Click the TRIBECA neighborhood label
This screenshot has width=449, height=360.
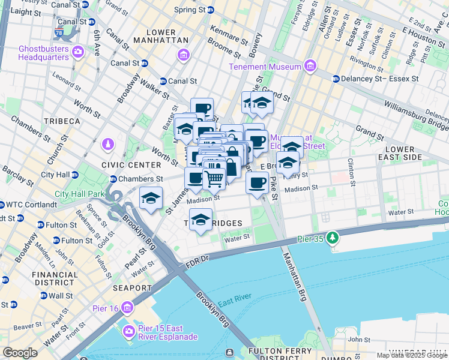[x=61, y=121]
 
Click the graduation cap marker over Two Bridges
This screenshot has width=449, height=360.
[x=202, y=220]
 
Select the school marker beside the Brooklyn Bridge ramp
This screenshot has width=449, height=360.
[x=151, y=199]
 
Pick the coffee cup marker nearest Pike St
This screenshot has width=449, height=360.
[x=257, y=182]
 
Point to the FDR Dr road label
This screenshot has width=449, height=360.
[x=196, y=259]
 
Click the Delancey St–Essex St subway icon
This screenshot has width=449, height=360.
[x=336, y=79]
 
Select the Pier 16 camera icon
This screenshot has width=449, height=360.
[x=127, y=308]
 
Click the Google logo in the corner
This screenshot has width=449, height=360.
[x=20, y=353]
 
